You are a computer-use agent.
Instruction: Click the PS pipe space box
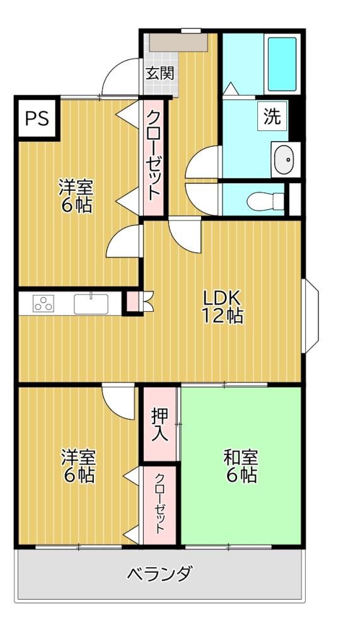coord(37,118)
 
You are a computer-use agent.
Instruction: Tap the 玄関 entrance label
coord(160,73)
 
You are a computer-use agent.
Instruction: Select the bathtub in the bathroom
coord(282,64)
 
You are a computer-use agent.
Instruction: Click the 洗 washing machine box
coord(272,116)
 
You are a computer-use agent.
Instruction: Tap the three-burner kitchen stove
coord(44,304)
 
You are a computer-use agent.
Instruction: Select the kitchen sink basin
coord(91,304)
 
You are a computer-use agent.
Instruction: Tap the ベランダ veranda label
coord(160,574)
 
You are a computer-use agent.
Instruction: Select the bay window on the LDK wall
coord(310,316)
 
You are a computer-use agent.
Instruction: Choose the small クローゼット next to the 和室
coord(160,505)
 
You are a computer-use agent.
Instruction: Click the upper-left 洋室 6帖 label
coord(76,197)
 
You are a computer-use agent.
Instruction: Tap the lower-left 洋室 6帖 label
coord(78,466)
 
